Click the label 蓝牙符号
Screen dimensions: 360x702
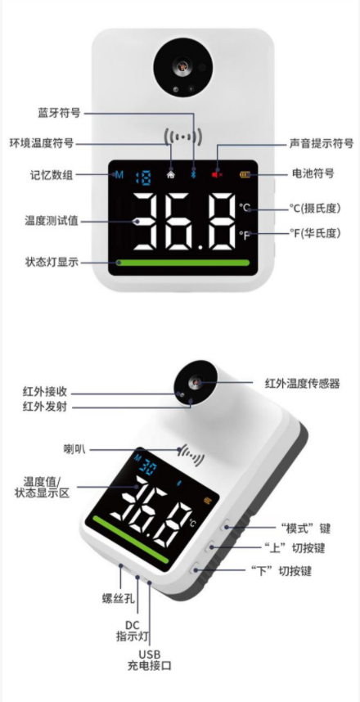(59, 113)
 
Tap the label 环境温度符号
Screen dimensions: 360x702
(42, 143)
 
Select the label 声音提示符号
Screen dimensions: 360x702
(321, 143)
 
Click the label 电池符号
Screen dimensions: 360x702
(313, 173)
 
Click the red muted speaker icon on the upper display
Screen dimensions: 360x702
(217, 174)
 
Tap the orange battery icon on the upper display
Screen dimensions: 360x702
(245, 174)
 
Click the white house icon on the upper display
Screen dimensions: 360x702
(171, 174)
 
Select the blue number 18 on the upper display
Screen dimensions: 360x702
(143, 175)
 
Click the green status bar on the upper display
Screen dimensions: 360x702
(182, 263)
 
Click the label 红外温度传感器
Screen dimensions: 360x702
(303, 383)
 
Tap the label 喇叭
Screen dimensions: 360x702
(74, 448)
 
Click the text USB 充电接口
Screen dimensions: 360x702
(149, 660)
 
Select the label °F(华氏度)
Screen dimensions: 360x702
(315, 233)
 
